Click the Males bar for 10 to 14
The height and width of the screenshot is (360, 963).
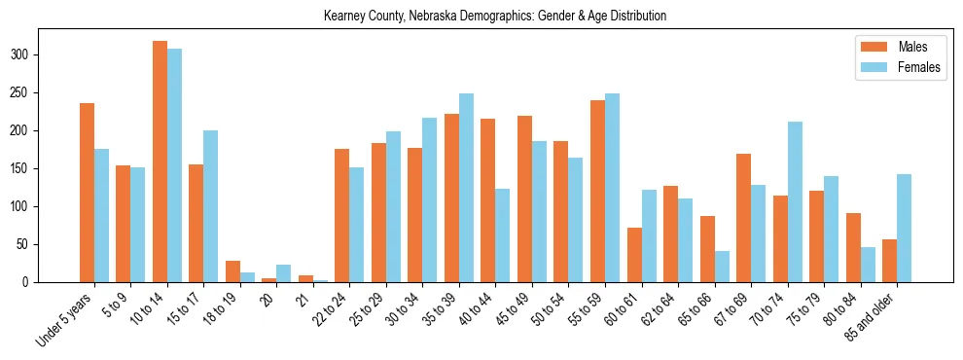click(x=160, y=162)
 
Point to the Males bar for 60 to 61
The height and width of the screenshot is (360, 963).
click(x=634, y=255)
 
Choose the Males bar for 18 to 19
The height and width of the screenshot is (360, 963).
click(x=232, y=271)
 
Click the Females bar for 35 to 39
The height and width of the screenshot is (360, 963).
click(x=466, y=188)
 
